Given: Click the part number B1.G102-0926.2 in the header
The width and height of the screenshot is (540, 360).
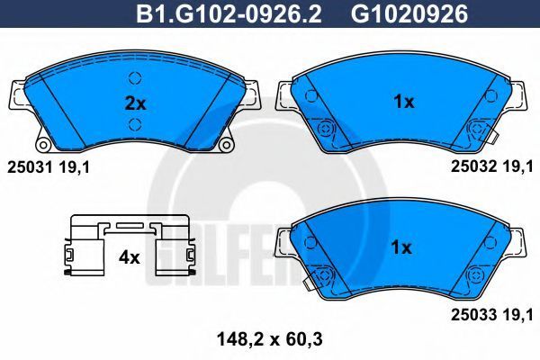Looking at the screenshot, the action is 229,14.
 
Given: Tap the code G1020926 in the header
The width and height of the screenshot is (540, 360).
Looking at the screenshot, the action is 409,14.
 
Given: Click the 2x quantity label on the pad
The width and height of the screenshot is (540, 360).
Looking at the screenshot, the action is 135,103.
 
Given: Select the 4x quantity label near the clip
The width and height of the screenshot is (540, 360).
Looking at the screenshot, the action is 129,257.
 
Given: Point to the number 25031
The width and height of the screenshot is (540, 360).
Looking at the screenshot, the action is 30,167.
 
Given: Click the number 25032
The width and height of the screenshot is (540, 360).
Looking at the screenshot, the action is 474,166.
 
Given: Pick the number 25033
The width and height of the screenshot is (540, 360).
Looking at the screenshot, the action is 474,314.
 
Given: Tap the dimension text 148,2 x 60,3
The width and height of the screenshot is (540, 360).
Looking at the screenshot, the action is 270,339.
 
